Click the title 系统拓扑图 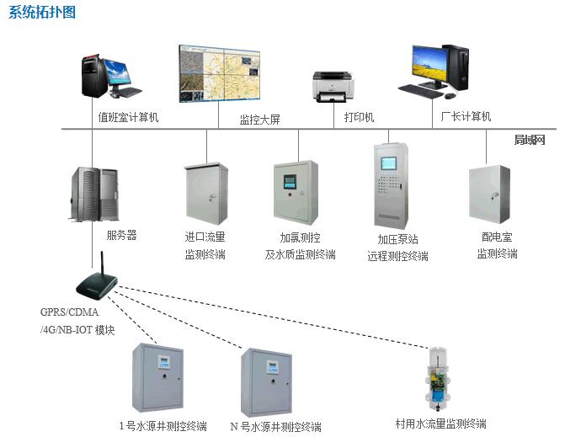[41, 12]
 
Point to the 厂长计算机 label [466, 117]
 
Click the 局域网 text [530, 140]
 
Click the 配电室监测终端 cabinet [489, 195]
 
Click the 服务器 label [121, 237]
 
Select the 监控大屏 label [259, 120]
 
